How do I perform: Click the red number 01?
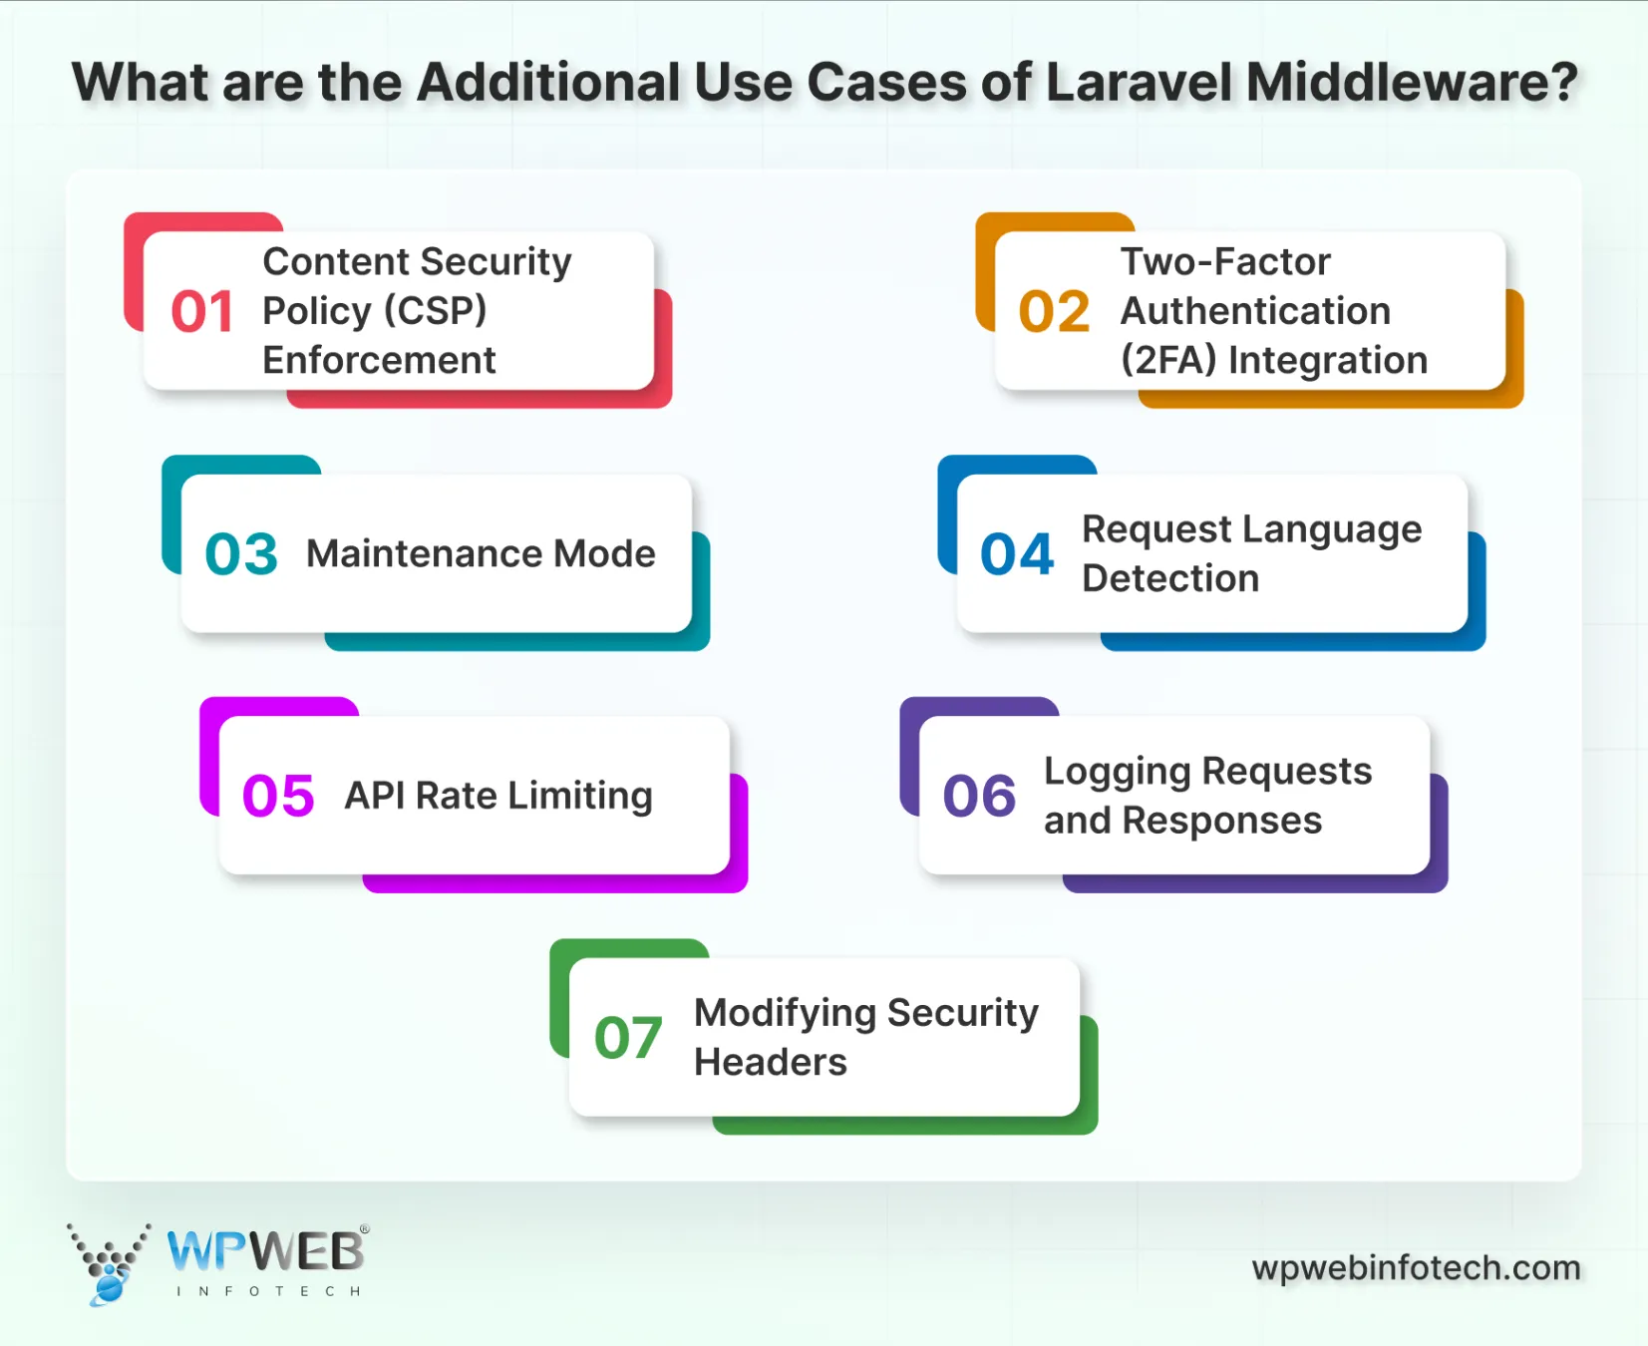click(202, 312)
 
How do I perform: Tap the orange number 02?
click(1054, 312)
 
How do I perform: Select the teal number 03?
click(241, 554)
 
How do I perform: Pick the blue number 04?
click(1017, 554)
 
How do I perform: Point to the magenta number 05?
click(278, 797)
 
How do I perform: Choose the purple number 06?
click(980, 797)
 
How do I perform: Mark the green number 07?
click(628, 1038)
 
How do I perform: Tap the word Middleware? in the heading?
click(1413, 82)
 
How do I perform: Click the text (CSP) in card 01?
click(436, 311)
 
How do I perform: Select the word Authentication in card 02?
click(1255, 311)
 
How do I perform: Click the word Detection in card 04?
click(1170, 578)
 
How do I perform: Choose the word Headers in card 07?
click(771, 1062)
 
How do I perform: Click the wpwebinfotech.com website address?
click(1416, 1267)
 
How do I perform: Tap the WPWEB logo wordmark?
click(265, 1251)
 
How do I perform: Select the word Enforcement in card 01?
click(379, 360)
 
